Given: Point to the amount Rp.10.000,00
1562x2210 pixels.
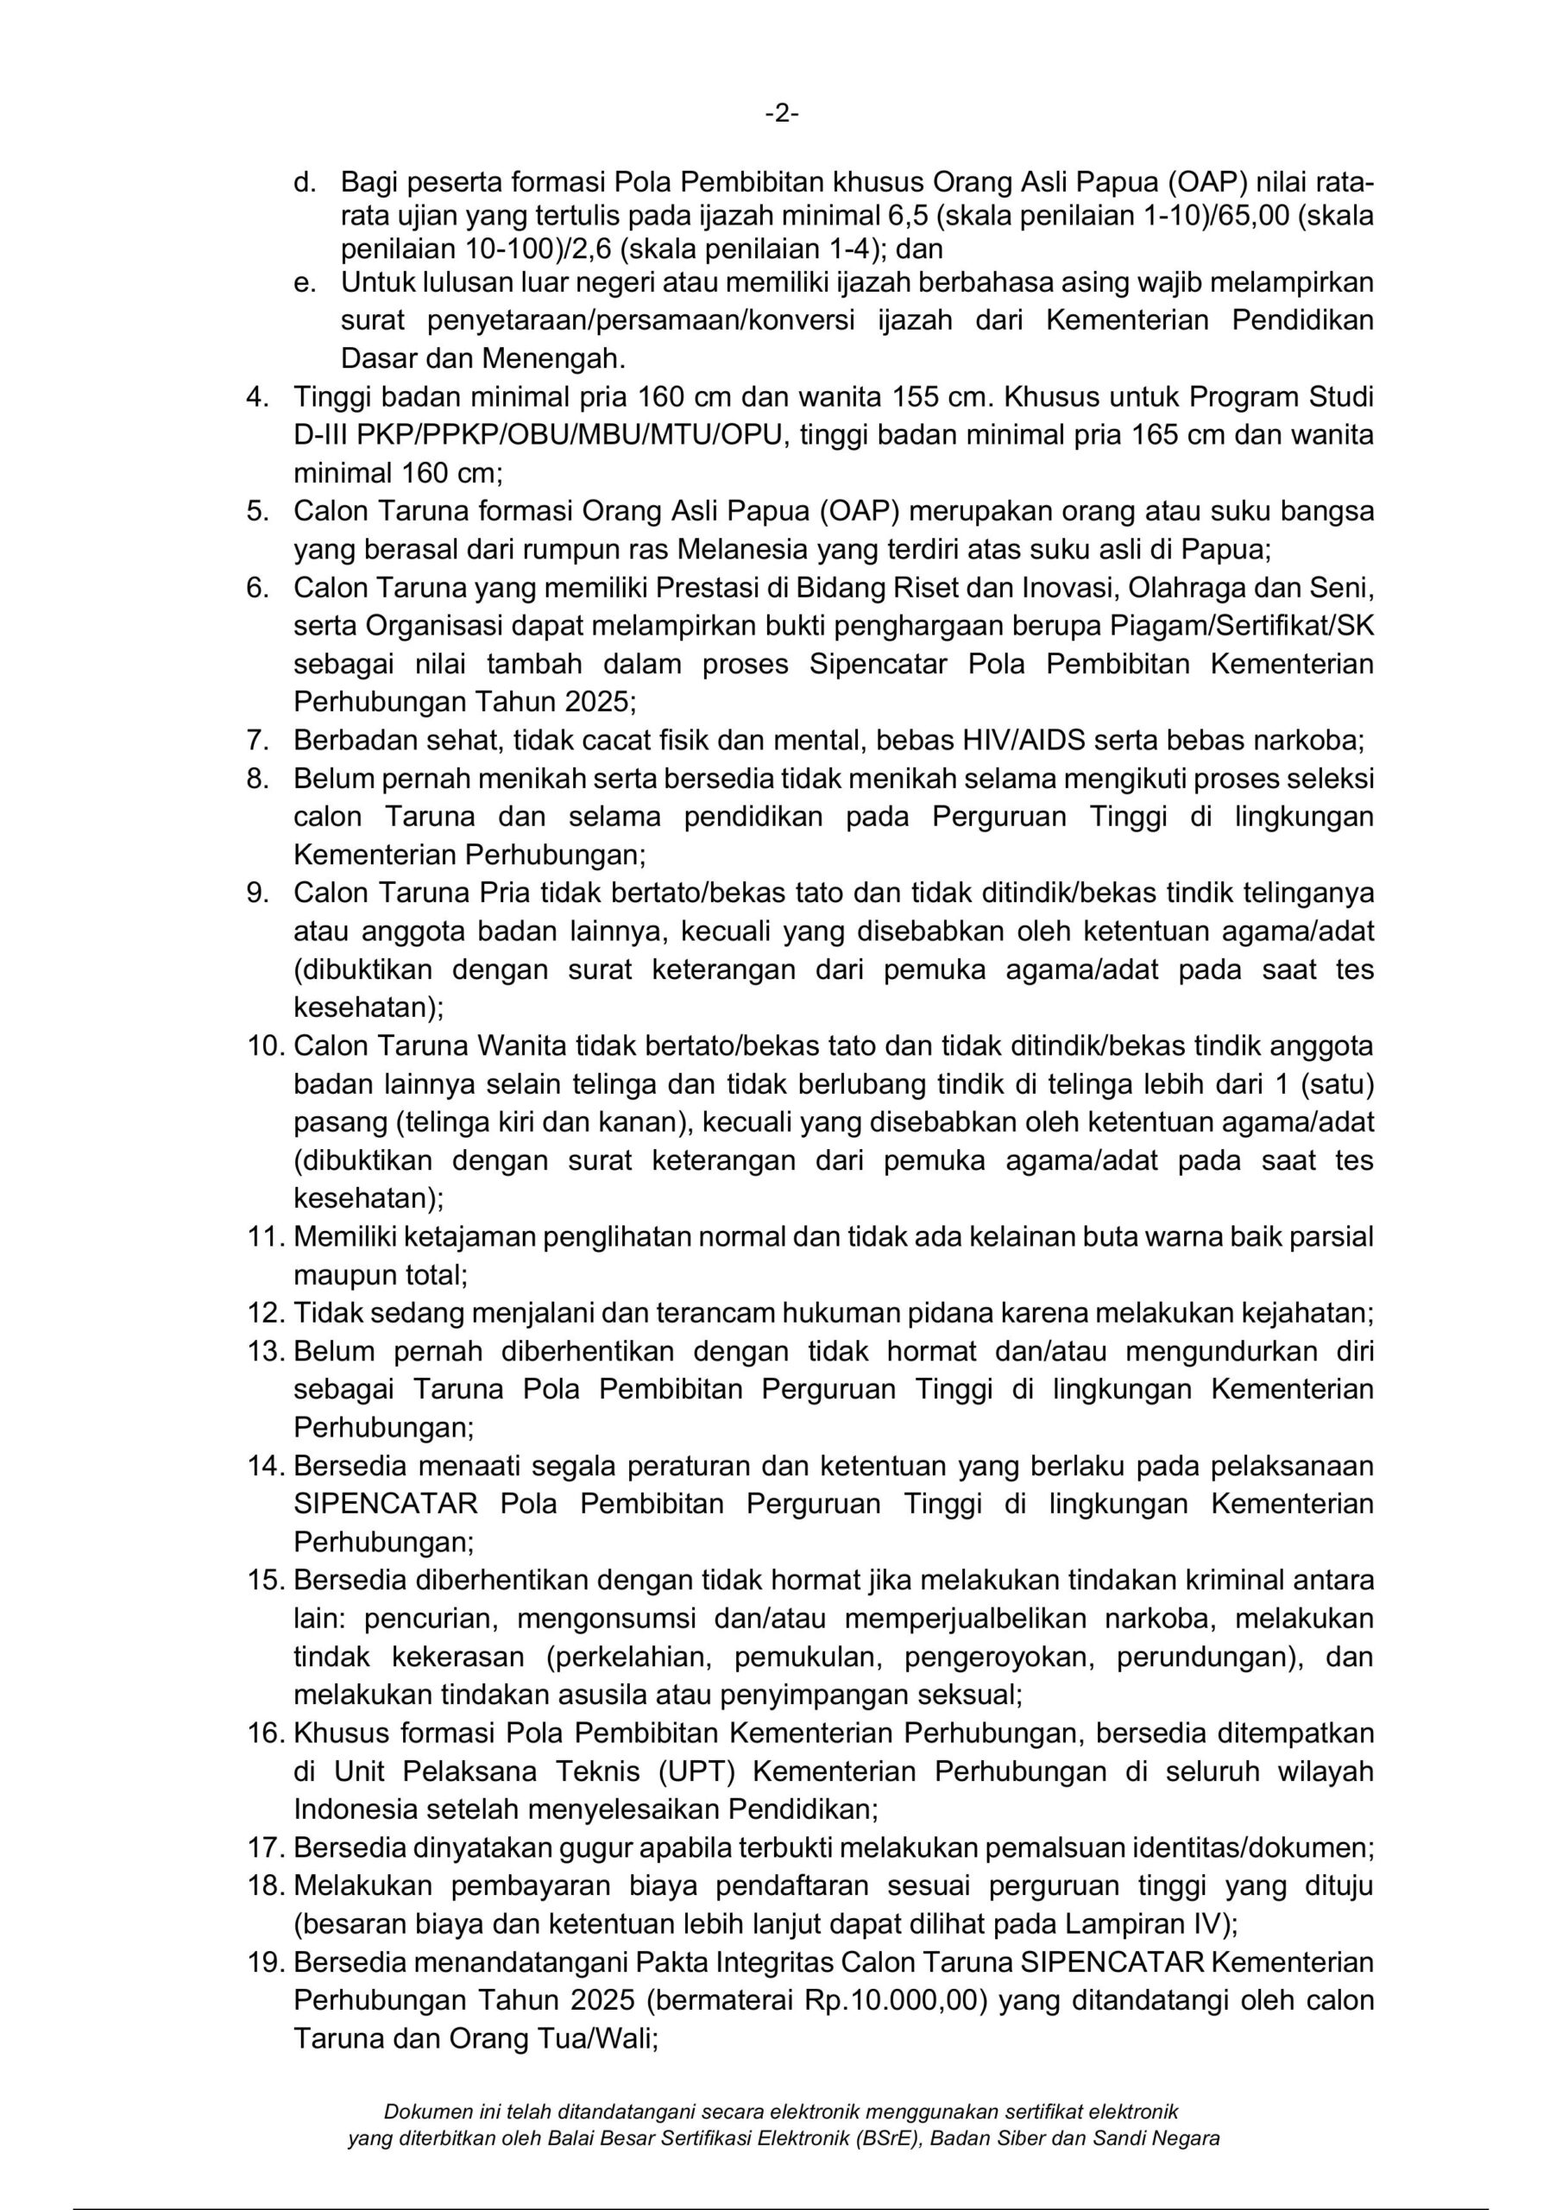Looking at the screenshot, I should (x=896, y=2000).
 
